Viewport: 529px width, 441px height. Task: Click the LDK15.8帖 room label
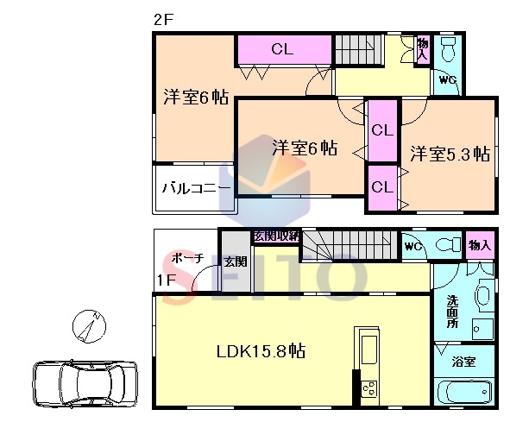point(261,351)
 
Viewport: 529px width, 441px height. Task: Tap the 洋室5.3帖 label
point(450,154)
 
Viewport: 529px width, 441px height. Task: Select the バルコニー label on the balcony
point(197,187)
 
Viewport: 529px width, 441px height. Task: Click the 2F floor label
point(163,20)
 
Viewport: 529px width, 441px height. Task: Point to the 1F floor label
point(167,280)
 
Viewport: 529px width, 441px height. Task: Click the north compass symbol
point(90,326)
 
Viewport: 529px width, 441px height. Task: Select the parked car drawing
point(85,384)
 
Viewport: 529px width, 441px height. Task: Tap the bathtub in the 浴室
point(465,392)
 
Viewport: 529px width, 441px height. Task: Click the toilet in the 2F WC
point(449,48)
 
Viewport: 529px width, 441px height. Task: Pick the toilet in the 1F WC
point(449,245)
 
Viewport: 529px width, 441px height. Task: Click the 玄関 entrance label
point(236,261)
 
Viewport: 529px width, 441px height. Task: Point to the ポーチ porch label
point(187,258)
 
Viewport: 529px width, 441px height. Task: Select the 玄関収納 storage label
point(276,236)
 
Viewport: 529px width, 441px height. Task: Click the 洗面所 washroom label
point(452,312)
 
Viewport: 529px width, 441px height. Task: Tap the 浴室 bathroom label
point(463,362)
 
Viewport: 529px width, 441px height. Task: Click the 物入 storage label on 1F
point(480,245)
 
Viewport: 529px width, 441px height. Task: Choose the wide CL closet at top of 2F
point(284,49)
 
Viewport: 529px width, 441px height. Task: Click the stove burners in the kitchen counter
point(369,388)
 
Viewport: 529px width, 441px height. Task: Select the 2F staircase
point(358,50)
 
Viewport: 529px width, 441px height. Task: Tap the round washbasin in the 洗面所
point(482,295)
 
